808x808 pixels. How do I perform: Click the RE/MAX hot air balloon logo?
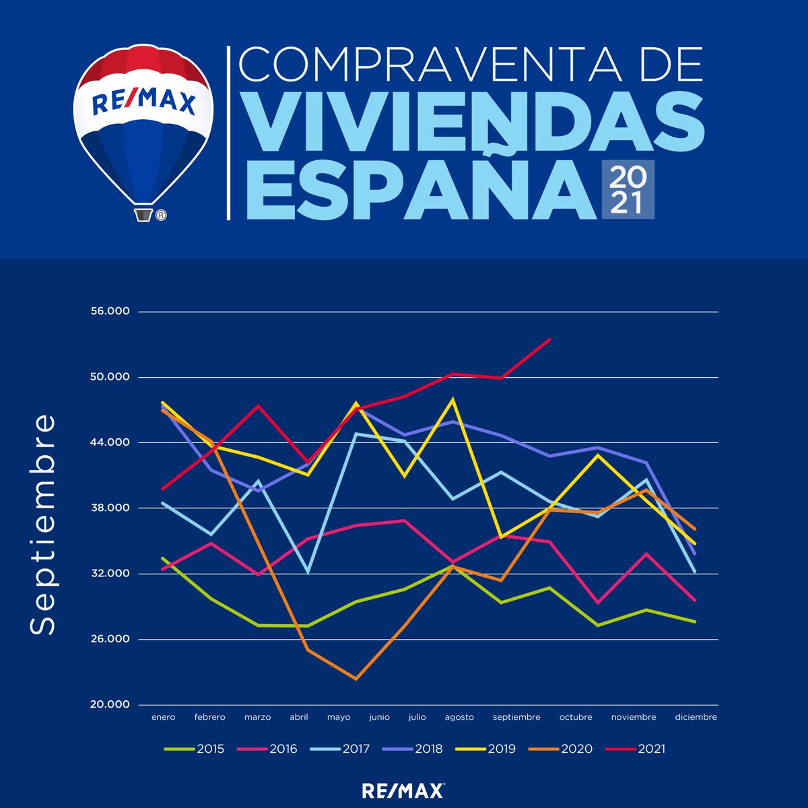click(143, 125)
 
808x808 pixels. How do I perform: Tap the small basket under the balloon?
click(143, 215)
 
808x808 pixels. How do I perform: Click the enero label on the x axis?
click(163, 717)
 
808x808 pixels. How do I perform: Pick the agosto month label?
click(459, 717)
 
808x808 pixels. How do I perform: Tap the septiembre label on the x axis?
click(516, 717)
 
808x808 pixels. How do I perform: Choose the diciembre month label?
click(696, 717)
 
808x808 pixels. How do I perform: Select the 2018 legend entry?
click(413, 749)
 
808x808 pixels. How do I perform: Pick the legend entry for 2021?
click(636, 749)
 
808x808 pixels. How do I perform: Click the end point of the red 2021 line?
click(550, 339)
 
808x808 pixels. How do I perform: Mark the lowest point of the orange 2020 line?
click(356, 679)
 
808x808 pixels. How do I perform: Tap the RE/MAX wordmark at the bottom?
click(403, 790)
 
